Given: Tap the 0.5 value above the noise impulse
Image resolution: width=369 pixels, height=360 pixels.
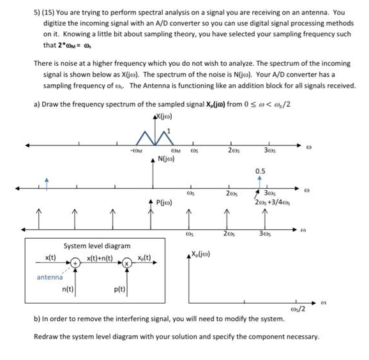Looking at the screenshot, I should pyautogui.click(x=260, y=171).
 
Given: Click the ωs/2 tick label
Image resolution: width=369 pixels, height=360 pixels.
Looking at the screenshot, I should pyautogui.click(x=297, y=309).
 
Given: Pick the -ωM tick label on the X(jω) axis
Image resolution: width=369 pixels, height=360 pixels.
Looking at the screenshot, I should pyautogui.click(x=135, y=150).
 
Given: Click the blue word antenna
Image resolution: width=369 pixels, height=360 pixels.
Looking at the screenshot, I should pyautogui.click(x=50, y=277).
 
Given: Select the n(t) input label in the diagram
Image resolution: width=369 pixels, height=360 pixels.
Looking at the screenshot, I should pyautogui.click(x=67, y=289).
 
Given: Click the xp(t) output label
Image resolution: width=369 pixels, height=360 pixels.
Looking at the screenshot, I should pyautogui.click(x=144, y=257).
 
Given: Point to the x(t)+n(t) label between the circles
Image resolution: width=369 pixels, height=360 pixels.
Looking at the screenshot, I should pyautogui.click(x=99, y=257).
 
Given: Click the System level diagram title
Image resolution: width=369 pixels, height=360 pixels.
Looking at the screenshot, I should pyautogui.click(x=97, y=246).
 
